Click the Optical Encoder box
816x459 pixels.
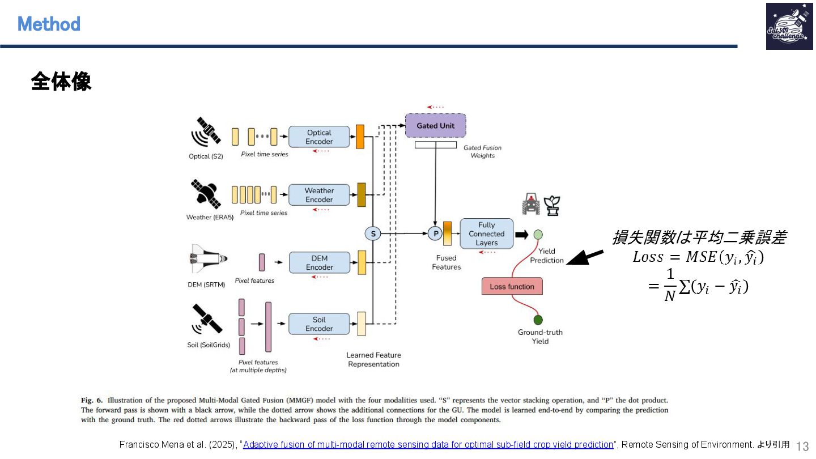(319, 137)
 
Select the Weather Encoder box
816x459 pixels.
(319, 195)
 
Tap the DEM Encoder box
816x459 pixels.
(319, 262)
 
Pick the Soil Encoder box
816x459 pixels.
(319, 324)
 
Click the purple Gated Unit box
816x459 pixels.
(435, 125)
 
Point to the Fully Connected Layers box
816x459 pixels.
(486, 233)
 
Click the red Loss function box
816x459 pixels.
(512, 286)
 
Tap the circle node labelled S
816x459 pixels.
(373, 233)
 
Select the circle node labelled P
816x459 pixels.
(435, 233)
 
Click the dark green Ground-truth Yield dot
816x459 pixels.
(538, 320)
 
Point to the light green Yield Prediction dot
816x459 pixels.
(538, 234)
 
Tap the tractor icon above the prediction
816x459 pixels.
(531, 205)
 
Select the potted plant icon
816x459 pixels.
(552, 205)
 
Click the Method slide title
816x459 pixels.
(49, 24)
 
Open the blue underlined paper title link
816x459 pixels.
(428, 445)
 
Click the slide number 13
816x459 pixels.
(803, 446)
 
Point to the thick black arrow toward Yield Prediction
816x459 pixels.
(585, 258)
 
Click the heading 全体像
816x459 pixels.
(61, 82)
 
